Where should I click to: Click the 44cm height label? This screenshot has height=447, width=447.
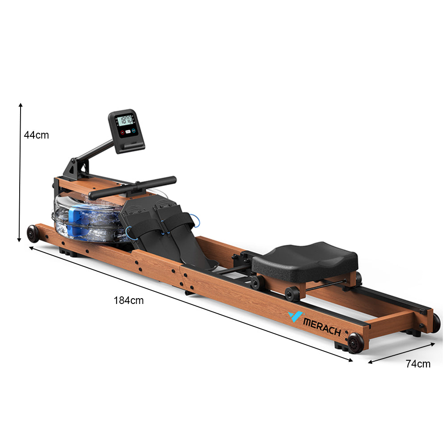click(x=36, y=135)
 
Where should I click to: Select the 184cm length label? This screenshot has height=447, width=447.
click(x=129, y=300)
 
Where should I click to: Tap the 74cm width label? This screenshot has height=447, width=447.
click(x=418, y=364)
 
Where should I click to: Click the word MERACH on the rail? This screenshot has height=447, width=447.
click(x=322, y=327)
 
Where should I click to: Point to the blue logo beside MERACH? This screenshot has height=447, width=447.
click(x=295, y=316)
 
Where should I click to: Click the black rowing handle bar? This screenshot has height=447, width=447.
click(x=132, y=188)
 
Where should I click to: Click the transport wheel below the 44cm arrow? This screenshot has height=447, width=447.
click(x=33, y=234)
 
